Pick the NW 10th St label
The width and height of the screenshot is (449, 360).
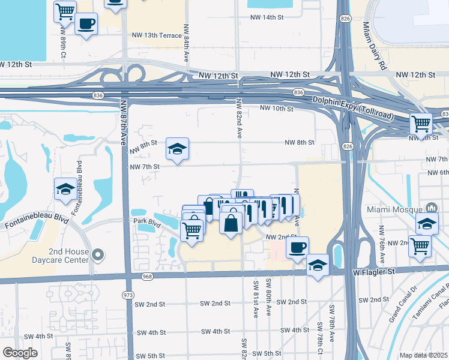pyautogui.click(x=276, y=109)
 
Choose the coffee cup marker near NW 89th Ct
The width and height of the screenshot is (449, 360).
pyautogui.click(x=86, y=23)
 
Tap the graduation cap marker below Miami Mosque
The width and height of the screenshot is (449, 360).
pyautogui.click(x=427, y=223)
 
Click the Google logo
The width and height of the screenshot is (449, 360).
pyautogui.click(x=20, y=353)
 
